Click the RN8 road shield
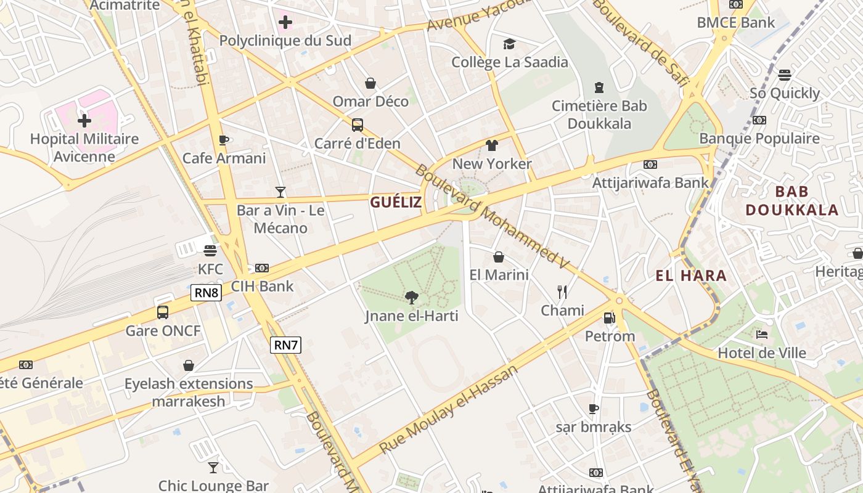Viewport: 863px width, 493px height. pyautogui.click(x=206, y=292)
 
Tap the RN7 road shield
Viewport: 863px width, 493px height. pyautogui.click(x=285, y=345)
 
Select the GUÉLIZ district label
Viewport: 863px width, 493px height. pyautogui.click(x=396, y=202)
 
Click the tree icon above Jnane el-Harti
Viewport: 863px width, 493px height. pyautogui.click(x=411, y=298)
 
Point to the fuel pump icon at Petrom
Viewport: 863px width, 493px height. pyautogui.click(x=609, y=318)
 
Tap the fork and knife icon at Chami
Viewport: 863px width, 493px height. pyautogui.click(x=562, y=292)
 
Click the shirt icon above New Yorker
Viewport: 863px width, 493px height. pyautogui.click(x=491, y=145)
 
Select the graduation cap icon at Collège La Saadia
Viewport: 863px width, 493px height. pyautogui.click(x=509, y=44)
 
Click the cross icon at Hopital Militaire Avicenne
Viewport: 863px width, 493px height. pyautogui.click(x=84, y=120)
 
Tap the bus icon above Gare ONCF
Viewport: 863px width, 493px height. pyautogui.click(x=163, y=312)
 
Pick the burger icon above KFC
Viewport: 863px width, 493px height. pyautogui.click(x=210, y=251)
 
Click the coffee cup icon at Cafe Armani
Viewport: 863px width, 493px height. pyautogui.click(x=224, y=140)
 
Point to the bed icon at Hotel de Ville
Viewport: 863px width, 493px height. pyautogui.click(x=762, y=335)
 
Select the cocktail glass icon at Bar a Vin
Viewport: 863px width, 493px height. pyautogui.click(x=280, y=192)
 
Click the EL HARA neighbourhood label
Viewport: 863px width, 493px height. pyautogui.click(x=691, y=276)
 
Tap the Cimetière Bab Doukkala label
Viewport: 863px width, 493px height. pyautogui.click(x=599, y=115)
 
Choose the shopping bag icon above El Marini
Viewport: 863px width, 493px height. pyautogui.click(x=499, y=256)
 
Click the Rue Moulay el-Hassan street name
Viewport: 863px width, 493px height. pyautogui.click(x=448, y=408)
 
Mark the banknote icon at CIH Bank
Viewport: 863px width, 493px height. pyautogui.click(x=262, y=268)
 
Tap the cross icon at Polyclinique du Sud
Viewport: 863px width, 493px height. pyautogui.click(x=285, y=23)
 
